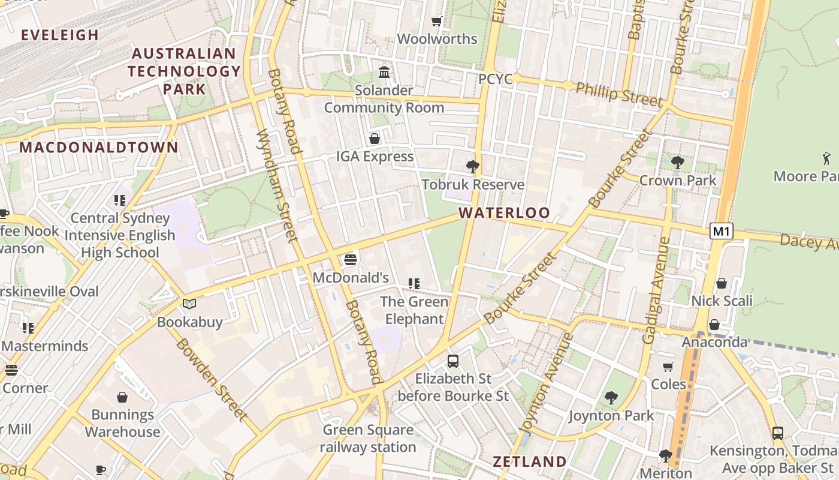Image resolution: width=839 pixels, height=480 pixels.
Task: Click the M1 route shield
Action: click(722, 231)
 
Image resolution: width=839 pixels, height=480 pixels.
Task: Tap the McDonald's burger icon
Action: click(351, 260)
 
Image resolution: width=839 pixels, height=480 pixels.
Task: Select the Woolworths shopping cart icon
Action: click(437, 22)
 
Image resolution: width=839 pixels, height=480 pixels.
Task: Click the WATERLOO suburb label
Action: click(504, 213)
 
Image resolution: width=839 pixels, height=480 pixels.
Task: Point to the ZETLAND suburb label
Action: click(529, 461)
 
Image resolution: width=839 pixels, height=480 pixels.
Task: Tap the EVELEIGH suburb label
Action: click(60, 35)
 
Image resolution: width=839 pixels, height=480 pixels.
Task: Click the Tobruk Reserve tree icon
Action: click(473, 167)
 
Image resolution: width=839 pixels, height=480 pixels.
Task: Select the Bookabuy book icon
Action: click(189, 304)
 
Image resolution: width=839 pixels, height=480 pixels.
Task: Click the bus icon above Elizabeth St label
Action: click(453, 361)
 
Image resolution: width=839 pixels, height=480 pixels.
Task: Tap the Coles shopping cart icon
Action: click(668, 367)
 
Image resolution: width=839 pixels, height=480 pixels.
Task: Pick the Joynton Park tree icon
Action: click(611, 397)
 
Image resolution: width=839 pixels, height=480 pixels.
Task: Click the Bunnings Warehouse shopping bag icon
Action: click(122, 397)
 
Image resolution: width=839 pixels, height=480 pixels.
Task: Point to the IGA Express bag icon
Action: click(375, 139)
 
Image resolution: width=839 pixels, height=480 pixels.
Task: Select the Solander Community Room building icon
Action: click(384, 73)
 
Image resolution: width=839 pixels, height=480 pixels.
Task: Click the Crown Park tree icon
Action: click(678, 162)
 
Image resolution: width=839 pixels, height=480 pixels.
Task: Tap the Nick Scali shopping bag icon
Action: click(722, 283)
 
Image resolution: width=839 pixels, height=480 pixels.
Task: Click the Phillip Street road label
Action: click(619, 95)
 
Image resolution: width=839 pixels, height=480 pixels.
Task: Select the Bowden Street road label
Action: click(212, 379)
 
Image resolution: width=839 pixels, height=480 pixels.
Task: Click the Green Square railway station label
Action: click(368, 439)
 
